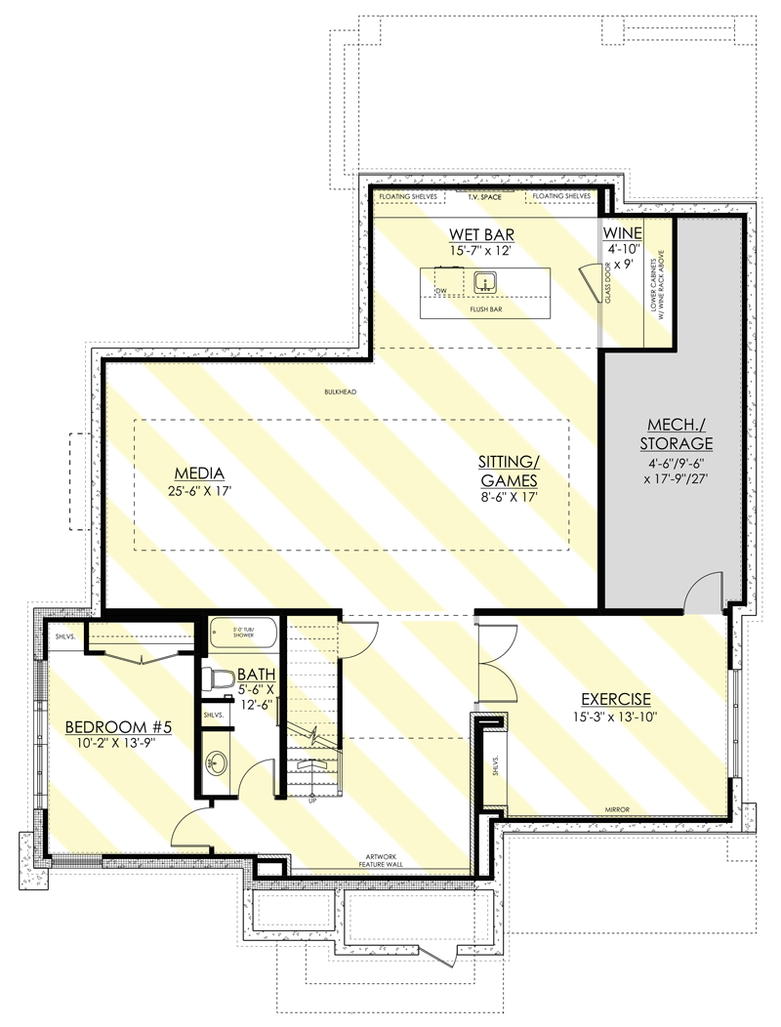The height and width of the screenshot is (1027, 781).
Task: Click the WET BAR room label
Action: click(x=481, y=234)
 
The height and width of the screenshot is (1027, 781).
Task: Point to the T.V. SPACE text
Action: click(x=484, y=196)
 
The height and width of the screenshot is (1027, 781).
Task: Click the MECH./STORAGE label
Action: click(x=676, y=434)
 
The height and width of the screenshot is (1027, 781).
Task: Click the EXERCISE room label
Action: click(x=615, y=699)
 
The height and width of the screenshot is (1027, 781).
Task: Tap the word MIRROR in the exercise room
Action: click(x=615, y=809)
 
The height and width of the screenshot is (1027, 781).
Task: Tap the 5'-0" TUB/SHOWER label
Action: click(x=243, y=631)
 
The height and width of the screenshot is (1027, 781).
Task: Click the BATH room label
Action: click(x=257, y=674)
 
